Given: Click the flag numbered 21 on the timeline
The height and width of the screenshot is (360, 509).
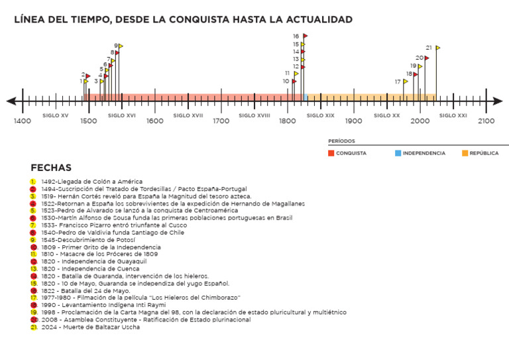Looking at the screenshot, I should click(x=437, y=48).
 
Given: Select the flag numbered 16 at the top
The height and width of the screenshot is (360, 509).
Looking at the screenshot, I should click(x=305, y=36).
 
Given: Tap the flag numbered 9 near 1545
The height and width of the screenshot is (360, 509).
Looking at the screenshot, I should click(x=121, y=46).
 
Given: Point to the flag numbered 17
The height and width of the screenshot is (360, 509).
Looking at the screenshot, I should click(x=406, y=82).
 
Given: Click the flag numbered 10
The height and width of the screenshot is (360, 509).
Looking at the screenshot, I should click(x=294, y=82).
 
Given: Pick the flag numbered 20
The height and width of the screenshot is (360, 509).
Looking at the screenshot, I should click(x=427, y=58).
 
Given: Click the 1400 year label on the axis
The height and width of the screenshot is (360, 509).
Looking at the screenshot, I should click(x=23, y=121).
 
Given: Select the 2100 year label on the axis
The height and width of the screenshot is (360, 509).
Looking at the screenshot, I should click(x=486, y=121).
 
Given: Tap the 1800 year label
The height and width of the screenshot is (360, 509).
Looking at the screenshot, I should click(x=287, y=121).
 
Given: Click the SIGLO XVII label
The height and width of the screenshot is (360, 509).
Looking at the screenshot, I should click(x=188, y=115).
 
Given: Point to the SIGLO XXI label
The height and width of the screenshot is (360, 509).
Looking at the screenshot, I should click(x=453, y=115).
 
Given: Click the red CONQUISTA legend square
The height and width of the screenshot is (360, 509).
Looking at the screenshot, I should click(x=331, y=153).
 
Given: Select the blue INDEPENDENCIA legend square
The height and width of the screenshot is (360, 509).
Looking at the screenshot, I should click(x=398, y=153).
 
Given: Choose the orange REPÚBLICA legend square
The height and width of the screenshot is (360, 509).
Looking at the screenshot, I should click(x=465, y=153).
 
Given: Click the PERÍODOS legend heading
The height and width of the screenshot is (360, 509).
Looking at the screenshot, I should click(x=341, y=141).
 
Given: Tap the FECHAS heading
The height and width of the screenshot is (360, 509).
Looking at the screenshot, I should click(x=51, y=168).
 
